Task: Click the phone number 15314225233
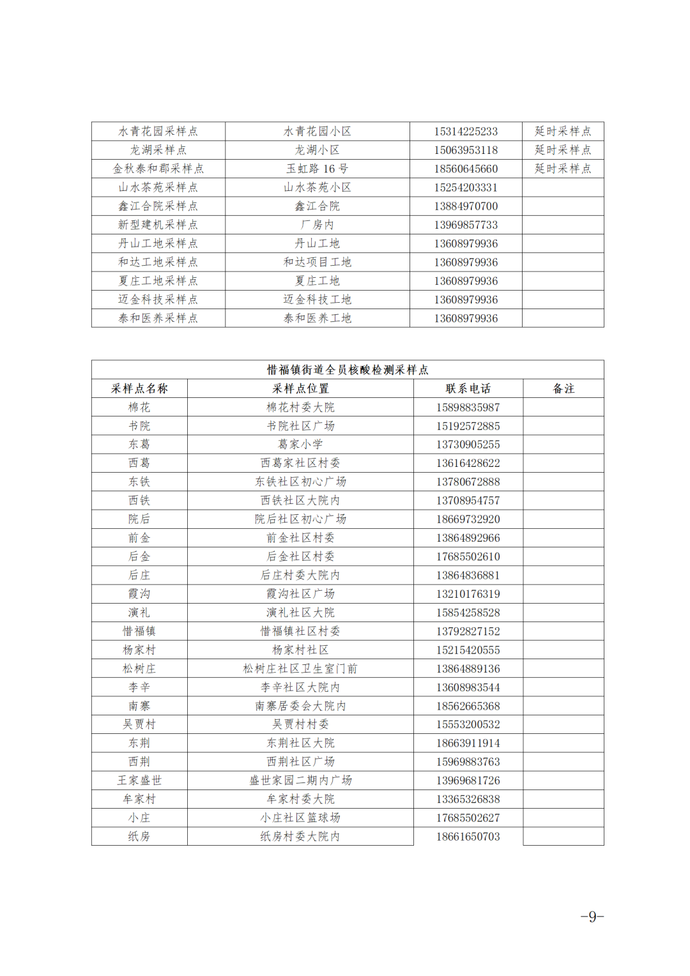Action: point(466,132)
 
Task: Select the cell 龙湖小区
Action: point(317,150)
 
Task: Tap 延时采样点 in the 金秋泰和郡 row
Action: point(563,169)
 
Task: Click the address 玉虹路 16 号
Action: point(317,169)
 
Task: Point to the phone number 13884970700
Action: point(466,206)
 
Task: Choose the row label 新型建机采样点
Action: point(158,225)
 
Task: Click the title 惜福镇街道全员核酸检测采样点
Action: point(348,370)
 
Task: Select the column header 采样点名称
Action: point(139,388)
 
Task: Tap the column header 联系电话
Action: point(468,388)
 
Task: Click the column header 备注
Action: point(563,388)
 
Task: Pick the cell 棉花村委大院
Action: point(300,408)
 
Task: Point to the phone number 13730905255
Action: point(468,445)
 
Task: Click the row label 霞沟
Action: point(139,594)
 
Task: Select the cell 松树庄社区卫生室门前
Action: point(300,669)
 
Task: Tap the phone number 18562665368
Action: point(468,706)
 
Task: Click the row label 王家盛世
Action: point(139,781)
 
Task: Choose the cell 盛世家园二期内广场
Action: point(300,781)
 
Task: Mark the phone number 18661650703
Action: point(468,837)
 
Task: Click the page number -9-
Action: point(592,917)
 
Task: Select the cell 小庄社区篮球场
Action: point(300,818)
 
